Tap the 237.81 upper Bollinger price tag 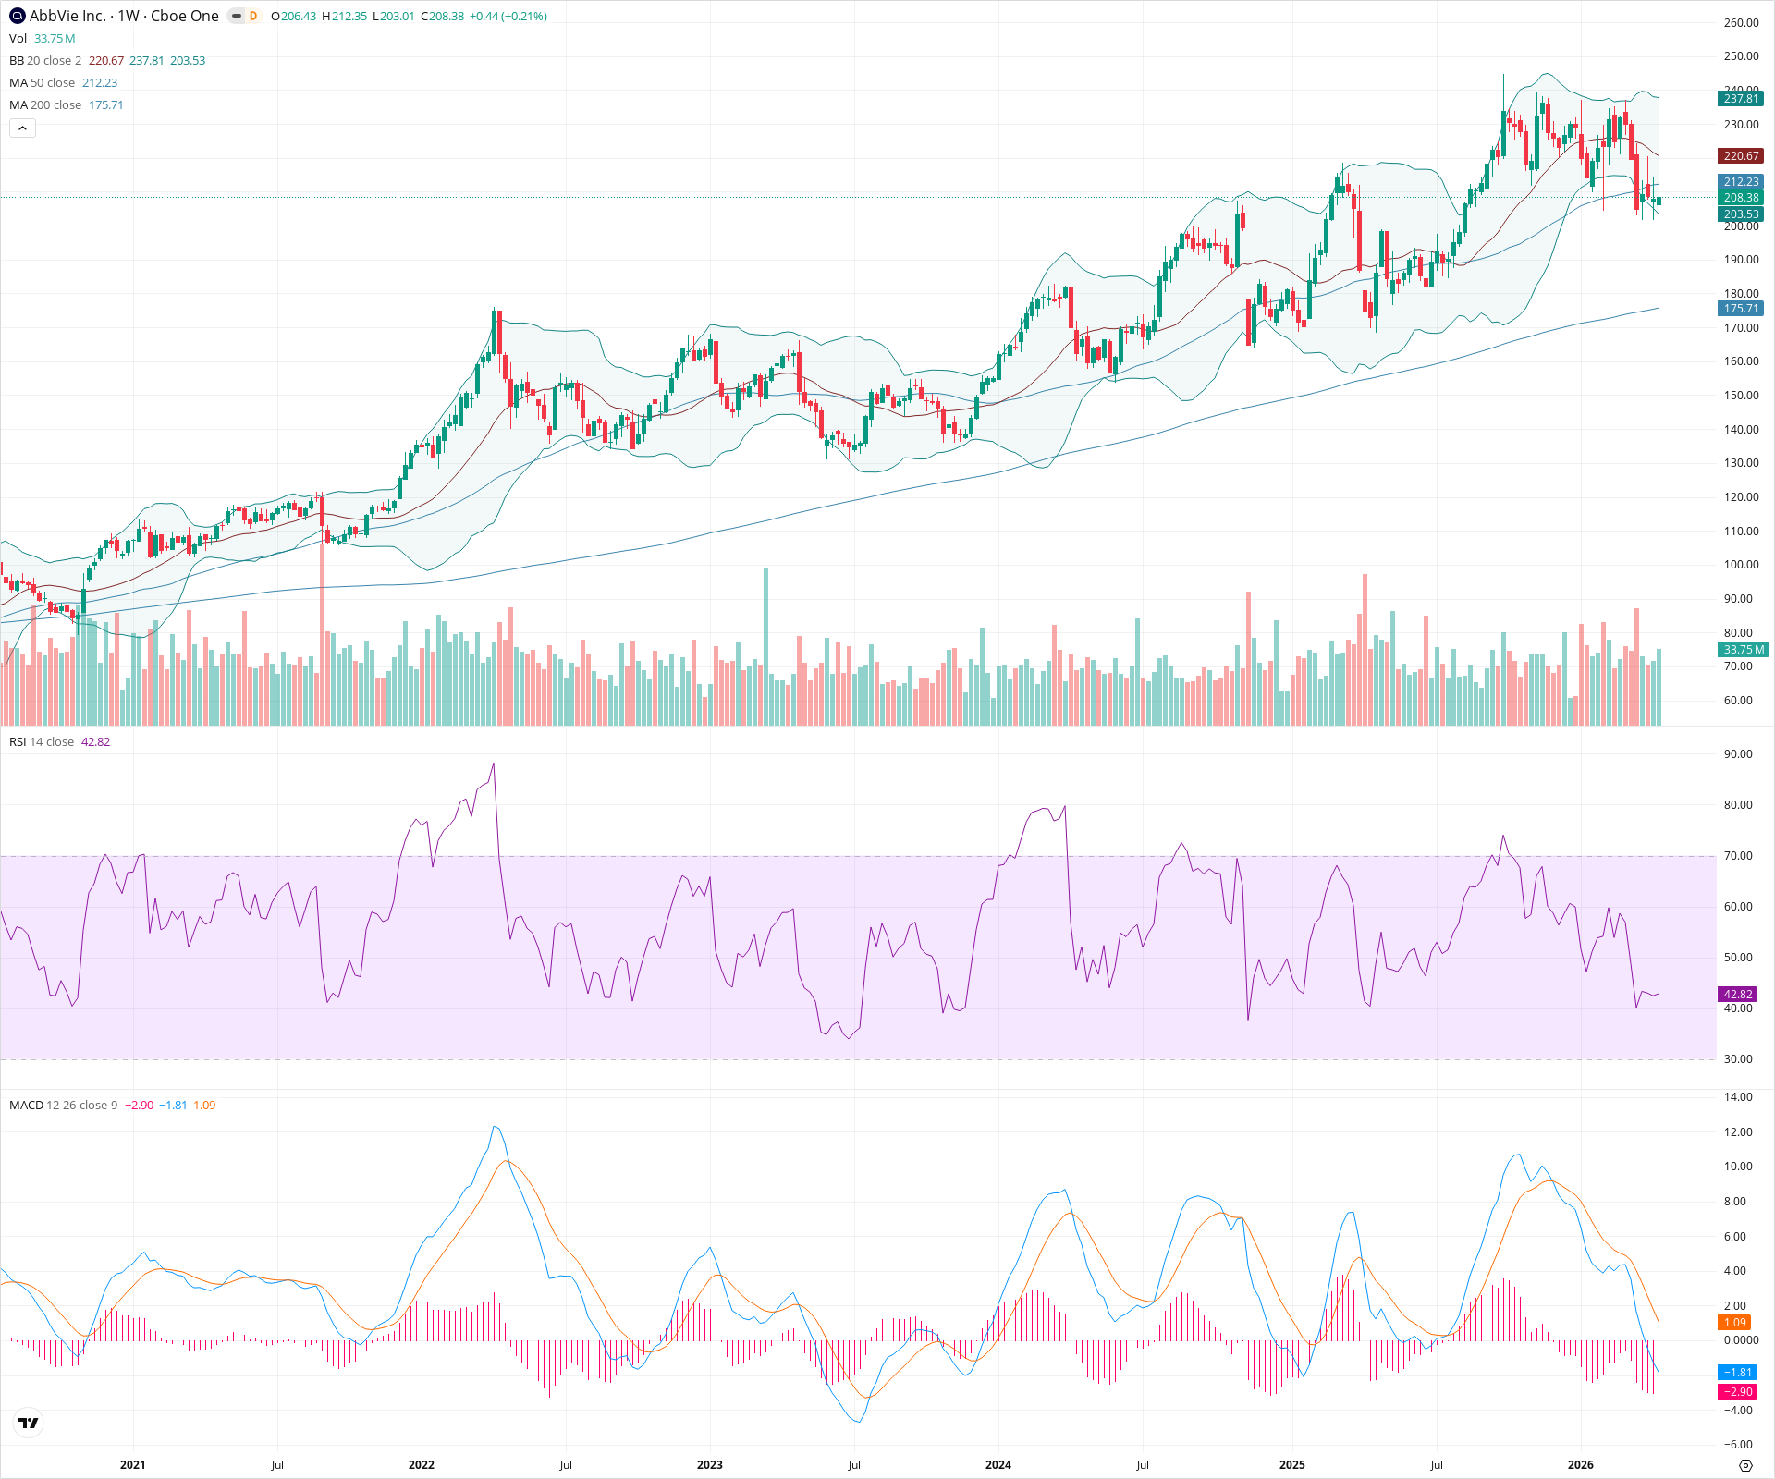tap(1741, 99)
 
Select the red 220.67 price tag tap(1741, 156)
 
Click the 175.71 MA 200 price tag tap(1741, 309)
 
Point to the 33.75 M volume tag tap(1744, 650)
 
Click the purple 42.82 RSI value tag tap(1738, 995)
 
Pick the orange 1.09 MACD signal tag tap(1733, 1323)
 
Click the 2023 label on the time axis tap(709, 1465)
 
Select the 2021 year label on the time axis tap(132, 1465)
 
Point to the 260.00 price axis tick tap(1741, 23)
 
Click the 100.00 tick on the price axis tap(1741, 565)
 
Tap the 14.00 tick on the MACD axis tap(1738, 1097)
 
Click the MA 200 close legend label tap(45, 105)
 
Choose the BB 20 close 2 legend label tap(45, 61)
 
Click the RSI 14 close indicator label tap(42, 742)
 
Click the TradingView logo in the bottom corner tap(29, 1424)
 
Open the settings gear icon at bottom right tap(1745, 1465)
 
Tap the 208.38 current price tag tap(1741, 198)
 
